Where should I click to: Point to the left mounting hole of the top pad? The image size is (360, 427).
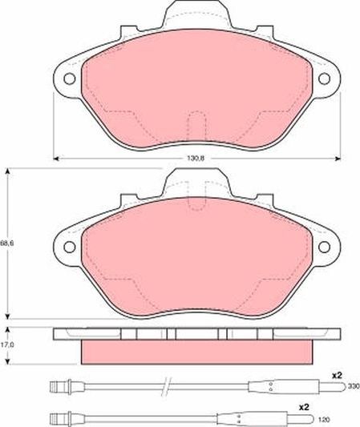[68, 79]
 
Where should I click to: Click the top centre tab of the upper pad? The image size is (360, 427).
[196, 14]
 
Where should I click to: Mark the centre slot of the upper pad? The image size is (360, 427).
[196, 127]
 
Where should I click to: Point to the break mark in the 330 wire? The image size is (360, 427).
[164, 388]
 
